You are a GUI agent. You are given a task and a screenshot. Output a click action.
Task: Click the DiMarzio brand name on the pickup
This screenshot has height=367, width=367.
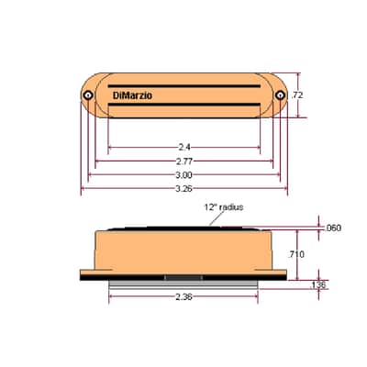tap(132, 95)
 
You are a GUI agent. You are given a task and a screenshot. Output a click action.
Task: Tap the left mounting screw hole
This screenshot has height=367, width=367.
tap(89, 95)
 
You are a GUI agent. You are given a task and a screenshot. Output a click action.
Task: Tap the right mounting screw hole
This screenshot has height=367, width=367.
tap(280, 95)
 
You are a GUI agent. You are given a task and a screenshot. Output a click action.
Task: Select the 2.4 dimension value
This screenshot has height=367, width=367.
tap(184, 148)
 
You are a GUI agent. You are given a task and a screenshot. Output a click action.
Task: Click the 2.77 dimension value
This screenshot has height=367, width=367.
tap(184, 161)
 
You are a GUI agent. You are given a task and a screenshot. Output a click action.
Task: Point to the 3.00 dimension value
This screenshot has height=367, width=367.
tap(184, 175)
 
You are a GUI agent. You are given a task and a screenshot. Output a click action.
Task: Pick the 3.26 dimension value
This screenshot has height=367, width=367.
tap(184, 189)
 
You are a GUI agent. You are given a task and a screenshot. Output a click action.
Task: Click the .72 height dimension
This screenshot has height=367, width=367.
tap(296, 95)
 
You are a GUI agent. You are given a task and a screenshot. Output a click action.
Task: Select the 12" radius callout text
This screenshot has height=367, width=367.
tap(224, 207)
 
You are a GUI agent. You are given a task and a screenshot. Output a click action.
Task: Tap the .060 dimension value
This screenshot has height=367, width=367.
tap(332, 228)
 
